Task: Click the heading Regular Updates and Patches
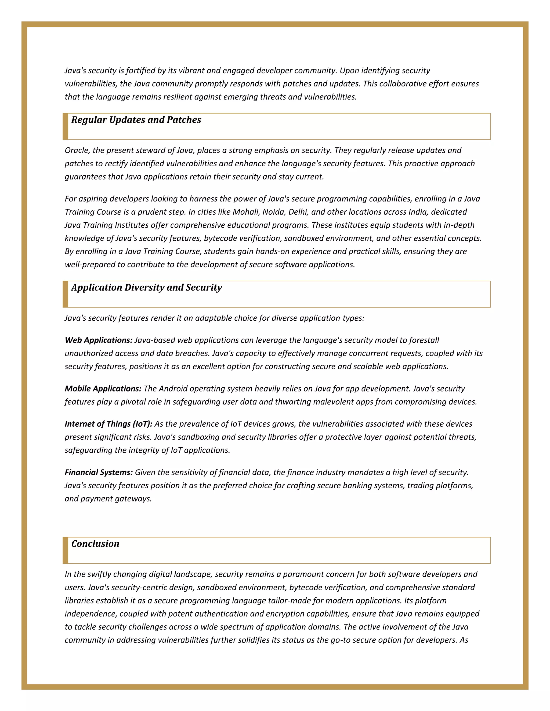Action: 136,120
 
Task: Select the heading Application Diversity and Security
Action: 147,287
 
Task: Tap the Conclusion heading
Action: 95,544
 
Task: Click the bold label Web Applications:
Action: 98,340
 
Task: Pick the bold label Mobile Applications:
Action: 103,389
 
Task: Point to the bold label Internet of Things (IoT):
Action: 108,424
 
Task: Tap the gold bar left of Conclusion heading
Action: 66,551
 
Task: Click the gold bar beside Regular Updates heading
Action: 66,127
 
